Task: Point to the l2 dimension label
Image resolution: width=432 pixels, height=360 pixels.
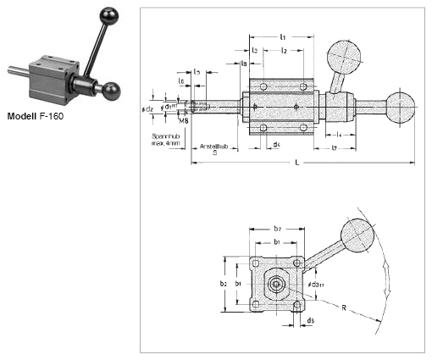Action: tap(285, 52)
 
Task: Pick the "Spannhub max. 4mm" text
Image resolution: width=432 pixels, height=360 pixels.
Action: tap(166, 139)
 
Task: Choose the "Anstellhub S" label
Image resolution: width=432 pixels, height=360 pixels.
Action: tap(214, 149)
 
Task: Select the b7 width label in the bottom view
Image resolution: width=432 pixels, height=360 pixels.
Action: tap(276, 229)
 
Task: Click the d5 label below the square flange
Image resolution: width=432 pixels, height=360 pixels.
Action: tap(311, 320)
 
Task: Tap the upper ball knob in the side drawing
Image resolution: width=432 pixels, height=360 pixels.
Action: tap(345, 58)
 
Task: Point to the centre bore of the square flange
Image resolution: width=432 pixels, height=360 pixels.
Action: tap(277, 284)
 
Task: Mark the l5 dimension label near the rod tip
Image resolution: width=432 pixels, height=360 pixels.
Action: tap(197, 72)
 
